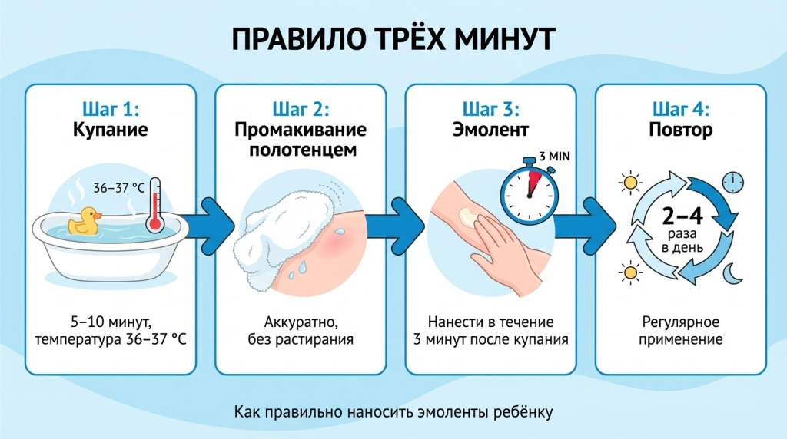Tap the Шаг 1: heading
(x=111, y=109)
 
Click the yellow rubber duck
(x=84, y=221)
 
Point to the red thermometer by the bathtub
(x=155, y=205)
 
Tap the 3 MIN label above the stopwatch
(x=555, y=157)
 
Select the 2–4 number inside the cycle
(x=682, y=216)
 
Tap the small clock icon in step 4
(x=732, y=183)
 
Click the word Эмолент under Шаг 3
(x=490, y=129)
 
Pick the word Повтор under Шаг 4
(x=681, y=129)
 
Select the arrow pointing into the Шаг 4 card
(x=587, y=226)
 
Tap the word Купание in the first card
(x=111, y=129)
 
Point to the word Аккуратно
(x=301, y=322)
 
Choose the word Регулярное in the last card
(x=681, y=322)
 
